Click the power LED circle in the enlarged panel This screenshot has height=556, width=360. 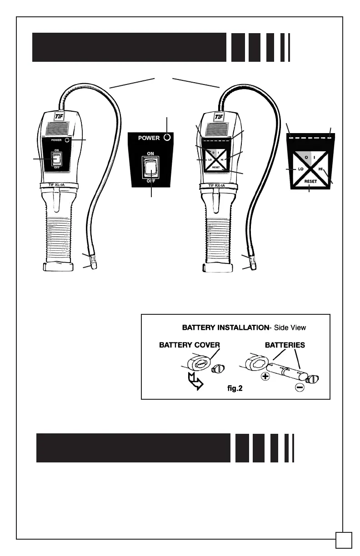pos(167,137)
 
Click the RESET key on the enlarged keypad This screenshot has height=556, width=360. pos(310,181)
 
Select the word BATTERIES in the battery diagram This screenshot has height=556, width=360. pos(285,345)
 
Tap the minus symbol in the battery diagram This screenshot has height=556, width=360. pos(299,387)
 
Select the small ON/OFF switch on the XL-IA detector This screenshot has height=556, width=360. pos(56,158)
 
